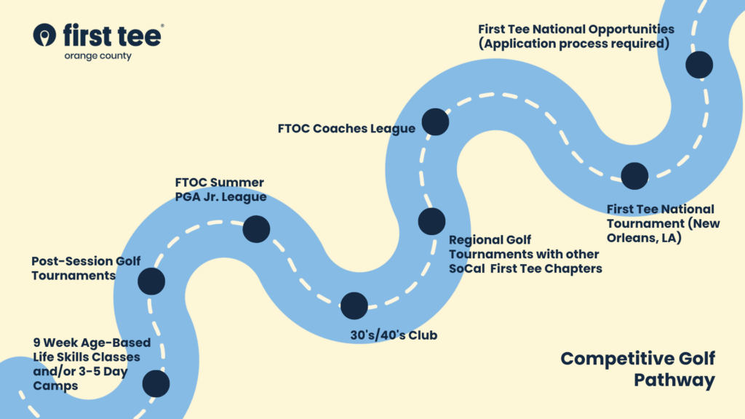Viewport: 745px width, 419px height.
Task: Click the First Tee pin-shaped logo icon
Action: (44, 35)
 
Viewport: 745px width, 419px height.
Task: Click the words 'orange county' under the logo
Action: (98, 56)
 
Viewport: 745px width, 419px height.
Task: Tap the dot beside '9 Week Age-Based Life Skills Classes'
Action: (156, 383)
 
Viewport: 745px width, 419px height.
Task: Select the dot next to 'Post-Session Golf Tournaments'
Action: (151, 282)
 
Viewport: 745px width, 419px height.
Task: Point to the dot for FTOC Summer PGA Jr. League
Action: (257, 229)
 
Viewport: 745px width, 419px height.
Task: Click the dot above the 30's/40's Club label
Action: (354, 306)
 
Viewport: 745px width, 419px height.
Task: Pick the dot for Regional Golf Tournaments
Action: (431, 221)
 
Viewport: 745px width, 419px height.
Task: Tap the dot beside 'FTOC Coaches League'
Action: (435, 121)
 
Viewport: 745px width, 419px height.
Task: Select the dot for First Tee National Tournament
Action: (634, 176)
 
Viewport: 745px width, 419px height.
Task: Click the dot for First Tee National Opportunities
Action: (699, 65)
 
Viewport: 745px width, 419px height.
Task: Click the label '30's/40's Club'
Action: (394, 335)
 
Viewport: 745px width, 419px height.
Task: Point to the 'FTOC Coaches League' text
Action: (346, 129)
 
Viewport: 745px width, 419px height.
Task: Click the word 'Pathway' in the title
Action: (674, 380)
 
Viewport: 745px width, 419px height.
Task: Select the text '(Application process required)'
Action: (574, 44)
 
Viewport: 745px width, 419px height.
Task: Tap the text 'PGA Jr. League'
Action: (221, 196)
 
